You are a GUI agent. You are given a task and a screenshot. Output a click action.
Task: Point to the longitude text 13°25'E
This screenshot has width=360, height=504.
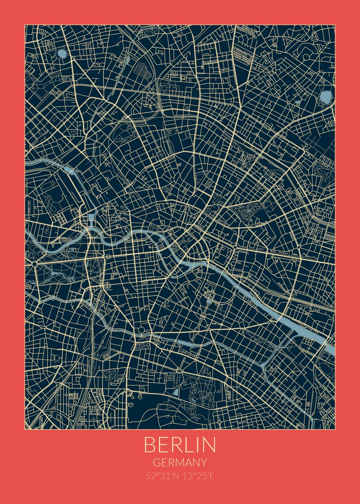(x=197, y=477)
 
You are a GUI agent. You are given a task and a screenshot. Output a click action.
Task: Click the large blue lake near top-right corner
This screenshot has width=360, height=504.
(x=326, y=97)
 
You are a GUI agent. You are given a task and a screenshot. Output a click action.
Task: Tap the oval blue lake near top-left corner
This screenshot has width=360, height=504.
(x=62, y=54)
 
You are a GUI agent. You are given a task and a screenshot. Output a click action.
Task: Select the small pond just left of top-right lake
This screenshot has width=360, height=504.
(x=297, y=102)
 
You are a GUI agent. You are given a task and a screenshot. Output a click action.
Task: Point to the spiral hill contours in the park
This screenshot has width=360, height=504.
(x=245, y=215)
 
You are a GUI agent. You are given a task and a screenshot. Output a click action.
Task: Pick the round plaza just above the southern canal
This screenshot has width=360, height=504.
(x=142, y=331)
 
